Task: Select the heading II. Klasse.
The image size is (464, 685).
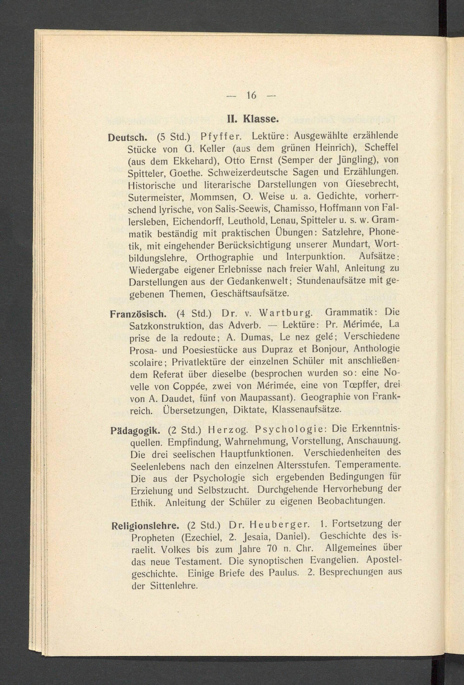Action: coord(252,119)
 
